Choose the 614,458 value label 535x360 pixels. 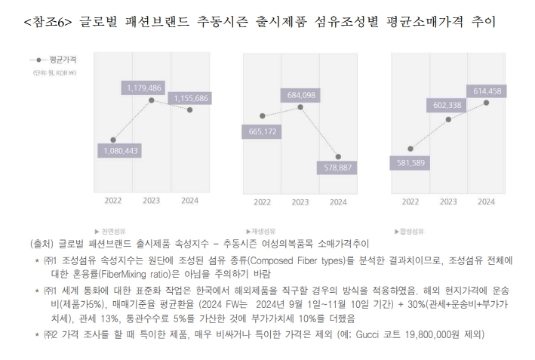point(487,91)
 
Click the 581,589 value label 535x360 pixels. point(410,162)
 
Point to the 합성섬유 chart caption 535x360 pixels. point(410,230)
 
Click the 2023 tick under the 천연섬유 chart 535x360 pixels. point(150,201)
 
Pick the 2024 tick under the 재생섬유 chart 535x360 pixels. point(337,202)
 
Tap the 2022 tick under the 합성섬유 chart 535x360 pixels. point(410,202)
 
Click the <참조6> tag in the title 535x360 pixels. point(49,22)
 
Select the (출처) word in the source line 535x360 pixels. point(44,244)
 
